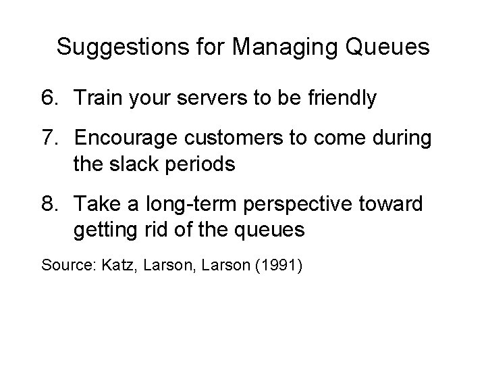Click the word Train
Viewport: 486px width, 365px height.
click(x=99, y=99)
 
